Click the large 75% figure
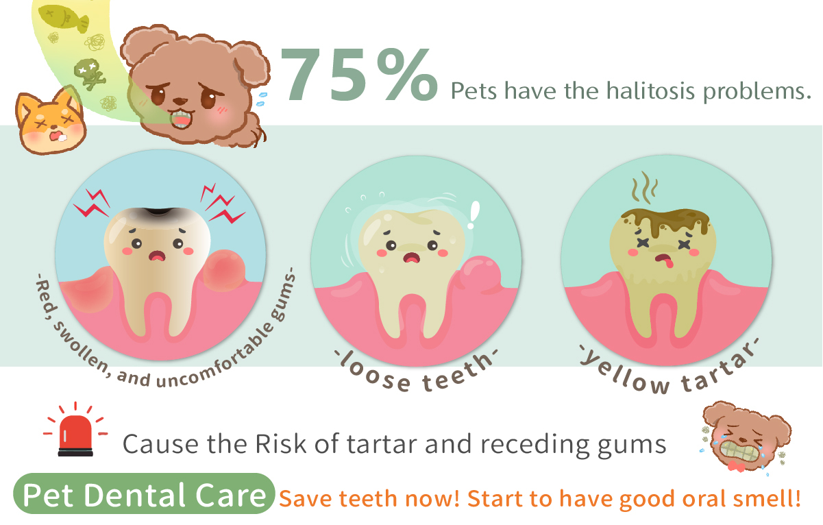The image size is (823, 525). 359,75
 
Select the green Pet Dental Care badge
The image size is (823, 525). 144,493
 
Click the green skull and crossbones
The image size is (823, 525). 89,73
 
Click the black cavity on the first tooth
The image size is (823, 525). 159,212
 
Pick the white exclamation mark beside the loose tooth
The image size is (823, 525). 474,215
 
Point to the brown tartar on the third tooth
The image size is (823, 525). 665,221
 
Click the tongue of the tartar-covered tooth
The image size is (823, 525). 668,262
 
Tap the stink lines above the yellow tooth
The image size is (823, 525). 644,187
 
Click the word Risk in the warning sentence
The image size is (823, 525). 280,444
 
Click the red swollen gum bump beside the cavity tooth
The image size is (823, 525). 224,271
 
